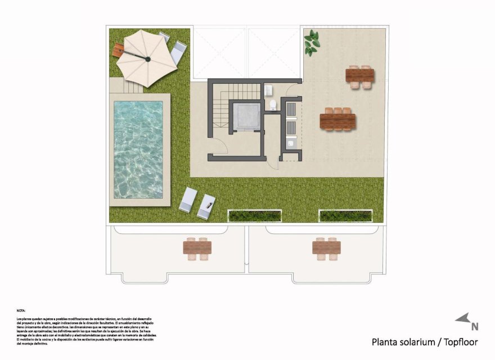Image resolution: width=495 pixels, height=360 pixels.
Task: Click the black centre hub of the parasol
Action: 148,58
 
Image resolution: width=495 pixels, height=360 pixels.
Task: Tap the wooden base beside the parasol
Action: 119,50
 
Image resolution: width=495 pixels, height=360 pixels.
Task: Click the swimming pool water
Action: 138,148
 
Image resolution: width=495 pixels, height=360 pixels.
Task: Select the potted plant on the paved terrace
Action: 311,42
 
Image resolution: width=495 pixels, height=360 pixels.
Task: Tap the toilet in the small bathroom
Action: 272,105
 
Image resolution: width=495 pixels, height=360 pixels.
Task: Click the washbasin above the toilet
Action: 269,89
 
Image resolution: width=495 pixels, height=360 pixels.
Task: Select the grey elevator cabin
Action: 245,116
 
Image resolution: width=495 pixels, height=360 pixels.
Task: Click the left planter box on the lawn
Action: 254,215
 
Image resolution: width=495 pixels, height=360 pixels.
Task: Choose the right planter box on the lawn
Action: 345,215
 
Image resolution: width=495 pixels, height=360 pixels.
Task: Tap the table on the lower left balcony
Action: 197,247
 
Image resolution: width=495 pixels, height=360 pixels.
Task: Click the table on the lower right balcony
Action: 326,247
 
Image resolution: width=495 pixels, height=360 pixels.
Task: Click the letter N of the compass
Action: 475,326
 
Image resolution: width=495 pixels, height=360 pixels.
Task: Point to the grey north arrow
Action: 463,318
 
